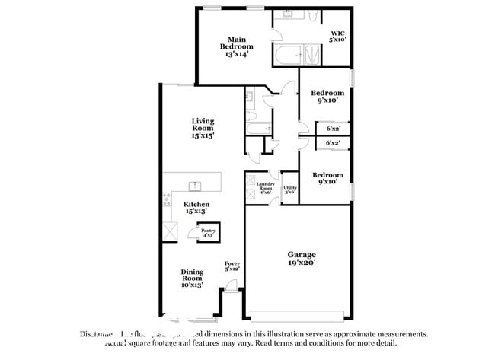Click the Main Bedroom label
click(237, 46)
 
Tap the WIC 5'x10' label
click(337, 36)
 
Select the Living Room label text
click(203, 128)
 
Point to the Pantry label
click(208, 233)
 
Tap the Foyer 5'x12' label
click(232, 266)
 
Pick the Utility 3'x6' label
click(289, 190)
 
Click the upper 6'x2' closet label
click(333, 129)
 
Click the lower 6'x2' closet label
click(333, 142)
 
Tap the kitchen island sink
click(195, 184)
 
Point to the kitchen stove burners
click(167, 201)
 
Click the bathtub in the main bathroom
click(286, 55)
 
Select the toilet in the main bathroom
click(313, 16)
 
